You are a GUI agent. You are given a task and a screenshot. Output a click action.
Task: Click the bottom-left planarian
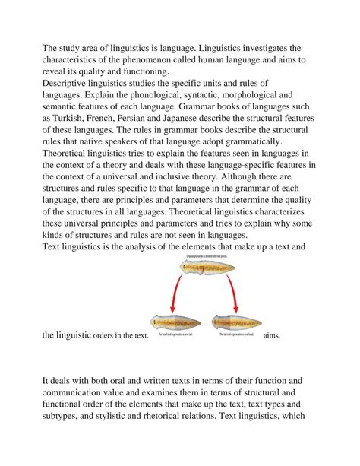pos(178,322)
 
